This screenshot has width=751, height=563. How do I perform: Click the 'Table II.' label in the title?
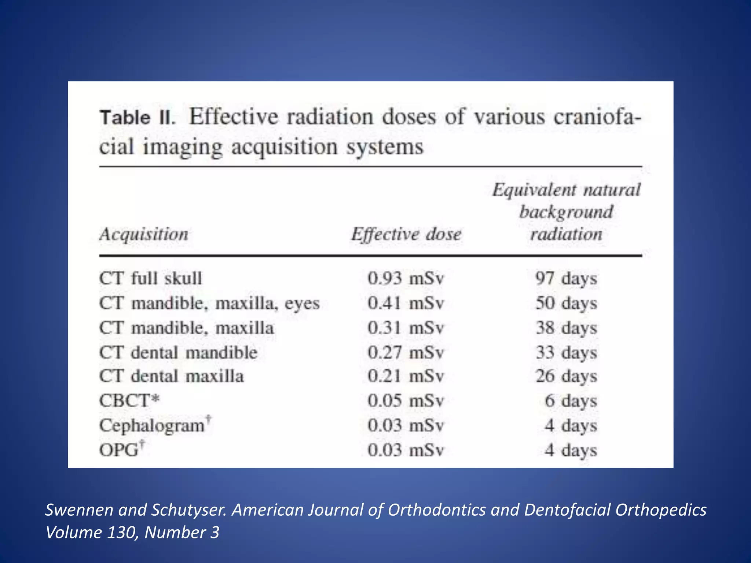pos(138,118)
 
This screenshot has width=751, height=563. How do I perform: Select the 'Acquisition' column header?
pos(144,234)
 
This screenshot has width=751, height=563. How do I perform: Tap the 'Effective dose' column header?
pos(406,234)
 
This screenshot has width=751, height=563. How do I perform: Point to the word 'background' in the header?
pos(566,212)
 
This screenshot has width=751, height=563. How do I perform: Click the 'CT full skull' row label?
pos(150,278)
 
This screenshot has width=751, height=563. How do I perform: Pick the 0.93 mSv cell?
pos(406,278)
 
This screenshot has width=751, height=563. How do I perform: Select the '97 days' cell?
pos(566,278)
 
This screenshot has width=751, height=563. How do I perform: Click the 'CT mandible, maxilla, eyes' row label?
pos(209,303)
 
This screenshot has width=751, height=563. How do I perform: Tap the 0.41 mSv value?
pos(406,303)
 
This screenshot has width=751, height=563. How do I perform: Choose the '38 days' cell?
pos(566,328)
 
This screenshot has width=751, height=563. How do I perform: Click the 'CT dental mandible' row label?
pos(178,353)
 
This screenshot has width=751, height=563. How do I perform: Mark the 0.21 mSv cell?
pos(406,376)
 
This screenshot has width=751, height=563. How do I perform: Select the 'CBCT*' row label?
pos(129,401)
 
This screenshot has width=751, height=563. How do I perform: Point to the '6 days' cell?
pos(570,401)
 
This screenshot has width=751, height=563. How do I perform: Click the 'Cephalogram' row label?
pos(152,426)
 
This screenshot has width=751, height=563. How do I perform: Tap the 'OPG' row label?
pos(119,450)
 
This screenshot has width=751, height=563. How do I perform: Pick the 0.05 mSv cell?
pos(406,401)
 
